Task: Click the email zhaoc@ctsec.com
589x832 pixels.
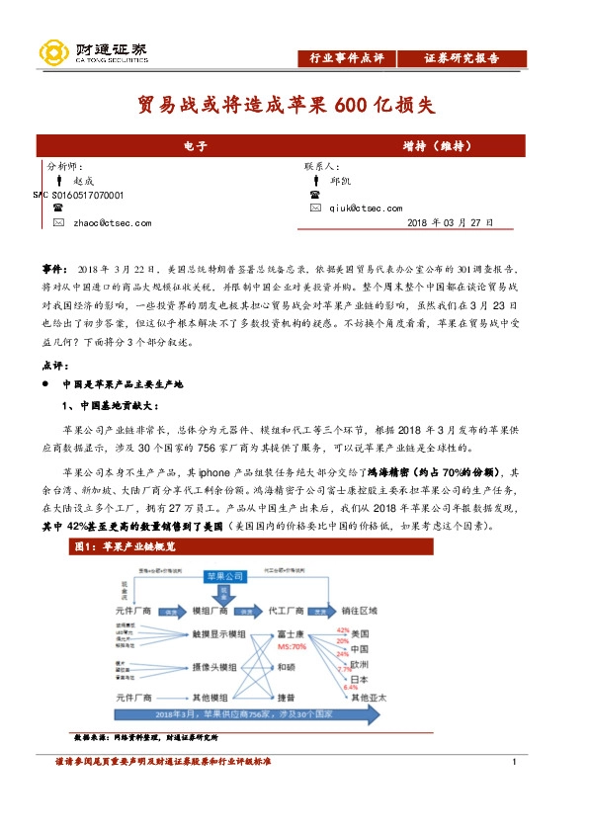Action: (113, 223)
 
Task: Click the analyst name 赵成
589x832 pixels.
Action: (83, 182)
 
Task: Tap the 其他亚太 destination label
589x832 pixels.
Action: (368, 699)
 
